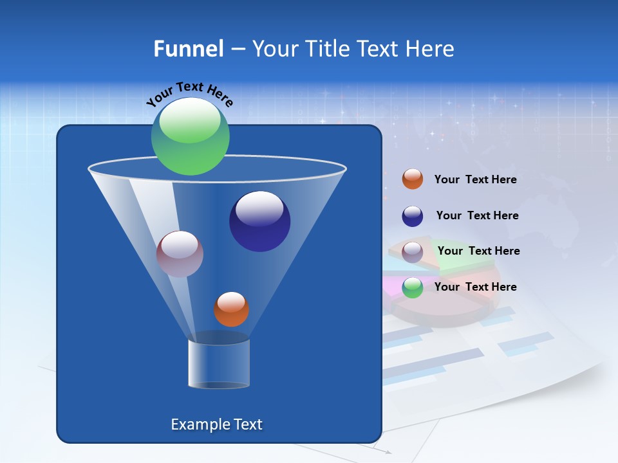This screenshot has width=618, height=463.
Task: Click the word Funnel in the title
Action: click(188, 49)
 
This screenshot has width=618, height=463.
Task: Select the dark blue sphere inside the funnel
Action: click(259, 222)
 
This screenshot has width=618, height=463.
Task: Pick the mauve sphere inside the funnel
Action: click(180, 254)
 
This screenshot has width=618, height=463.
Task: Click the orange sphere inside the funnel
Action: click(231, 309)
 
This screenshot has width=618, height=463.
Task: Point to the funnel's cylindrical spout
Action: click(218, 364)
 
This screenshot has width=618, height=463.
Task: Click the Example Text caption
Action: click(217, 424)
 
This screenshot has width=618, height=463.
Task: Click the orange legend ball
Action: click(412, 179)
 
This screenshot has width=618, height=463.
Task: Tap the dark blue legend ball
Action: click(412, 216)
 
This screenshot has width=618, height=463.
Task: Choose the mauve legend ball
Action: click(412, 252)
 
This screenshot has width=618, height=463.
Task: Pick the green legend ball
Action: click(412, 287)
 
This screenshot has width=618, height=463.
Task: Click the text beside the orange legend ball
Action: click(475, 180)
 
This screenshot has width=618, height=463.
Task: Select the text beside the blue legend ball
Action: click(477, 216)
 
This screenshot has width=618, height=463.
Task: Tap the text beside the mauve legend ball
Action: click(478, 251)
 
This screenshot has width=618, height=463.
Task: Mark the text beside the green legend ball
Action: click(475, 287)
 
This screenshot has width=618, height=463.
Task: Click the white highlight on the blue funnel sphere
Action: click(259, 208)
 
